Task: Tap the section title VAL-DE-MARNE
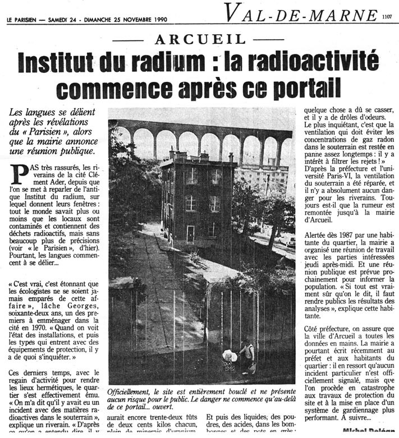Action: (x=294, y=12)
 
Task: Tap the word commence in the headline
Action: (x=117, y=87)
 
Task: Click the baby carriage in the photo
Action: (x=228, y=359)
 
